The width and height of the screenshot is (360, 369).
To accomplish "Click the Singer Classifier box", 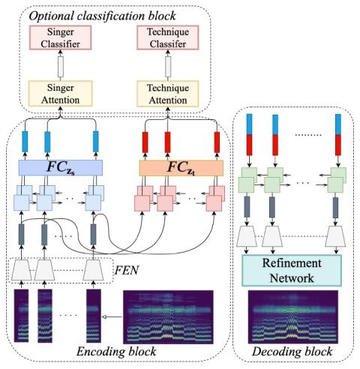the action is (x=60, y=37).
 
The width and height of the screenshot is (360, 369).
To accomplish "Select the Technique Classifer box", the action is (x=168, y=37).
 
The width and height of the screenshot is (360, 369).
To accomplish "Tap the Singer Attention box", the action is (x=60, y=94).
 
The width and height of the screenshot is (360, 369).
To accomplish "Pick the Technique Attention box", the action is (x=168, y=94).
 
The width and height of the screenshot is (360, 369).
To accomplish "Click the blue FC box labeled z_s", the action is (x=61, y=168).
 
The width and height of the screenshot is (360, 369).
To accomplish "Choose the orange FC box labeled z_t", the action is (x=181, y=168).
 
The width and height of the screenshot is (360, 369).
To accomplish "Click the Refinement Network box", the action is (x=292, y=271).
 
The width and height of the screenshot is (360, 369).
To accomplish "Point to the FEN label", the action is (x=127, y=270).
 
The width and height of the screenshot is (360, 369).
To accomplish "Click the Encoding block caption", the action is (x=116, y=352).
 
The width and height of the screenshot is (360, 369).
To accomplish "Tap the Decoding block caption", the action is (x=292, y=352).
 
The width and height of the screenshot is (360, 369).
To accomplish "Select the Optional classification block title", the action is (x=102, y=16).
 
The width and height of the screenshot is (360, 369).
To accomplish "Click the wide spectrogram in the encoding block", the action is (x=168, y=317).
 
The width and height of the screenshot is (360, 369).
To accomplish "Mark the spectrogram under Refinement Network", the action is (x=293, y=316).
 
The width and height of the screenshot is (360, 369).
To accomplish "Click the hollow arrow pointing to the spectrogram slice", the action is (x=112, y=317).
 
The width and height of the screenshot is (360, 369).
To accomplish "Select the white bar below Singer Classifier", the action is (x=61, y=67).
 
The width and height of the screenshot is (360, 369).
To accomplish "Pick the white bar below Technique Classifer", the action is (x=168, y=67).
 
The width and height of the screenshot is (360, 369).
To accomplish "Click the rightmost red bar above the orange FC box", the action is (x=217, y=142).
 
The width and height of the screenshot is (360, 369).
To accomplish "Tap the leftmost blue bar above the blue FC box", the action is (x=25, y=142).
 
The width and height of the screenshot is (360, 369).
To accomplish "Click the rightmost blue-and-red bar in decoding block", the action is (x=338, y=135).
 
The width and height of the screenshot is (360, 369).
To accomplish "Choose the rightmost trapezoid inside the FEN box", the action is (x=93, y=270).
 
